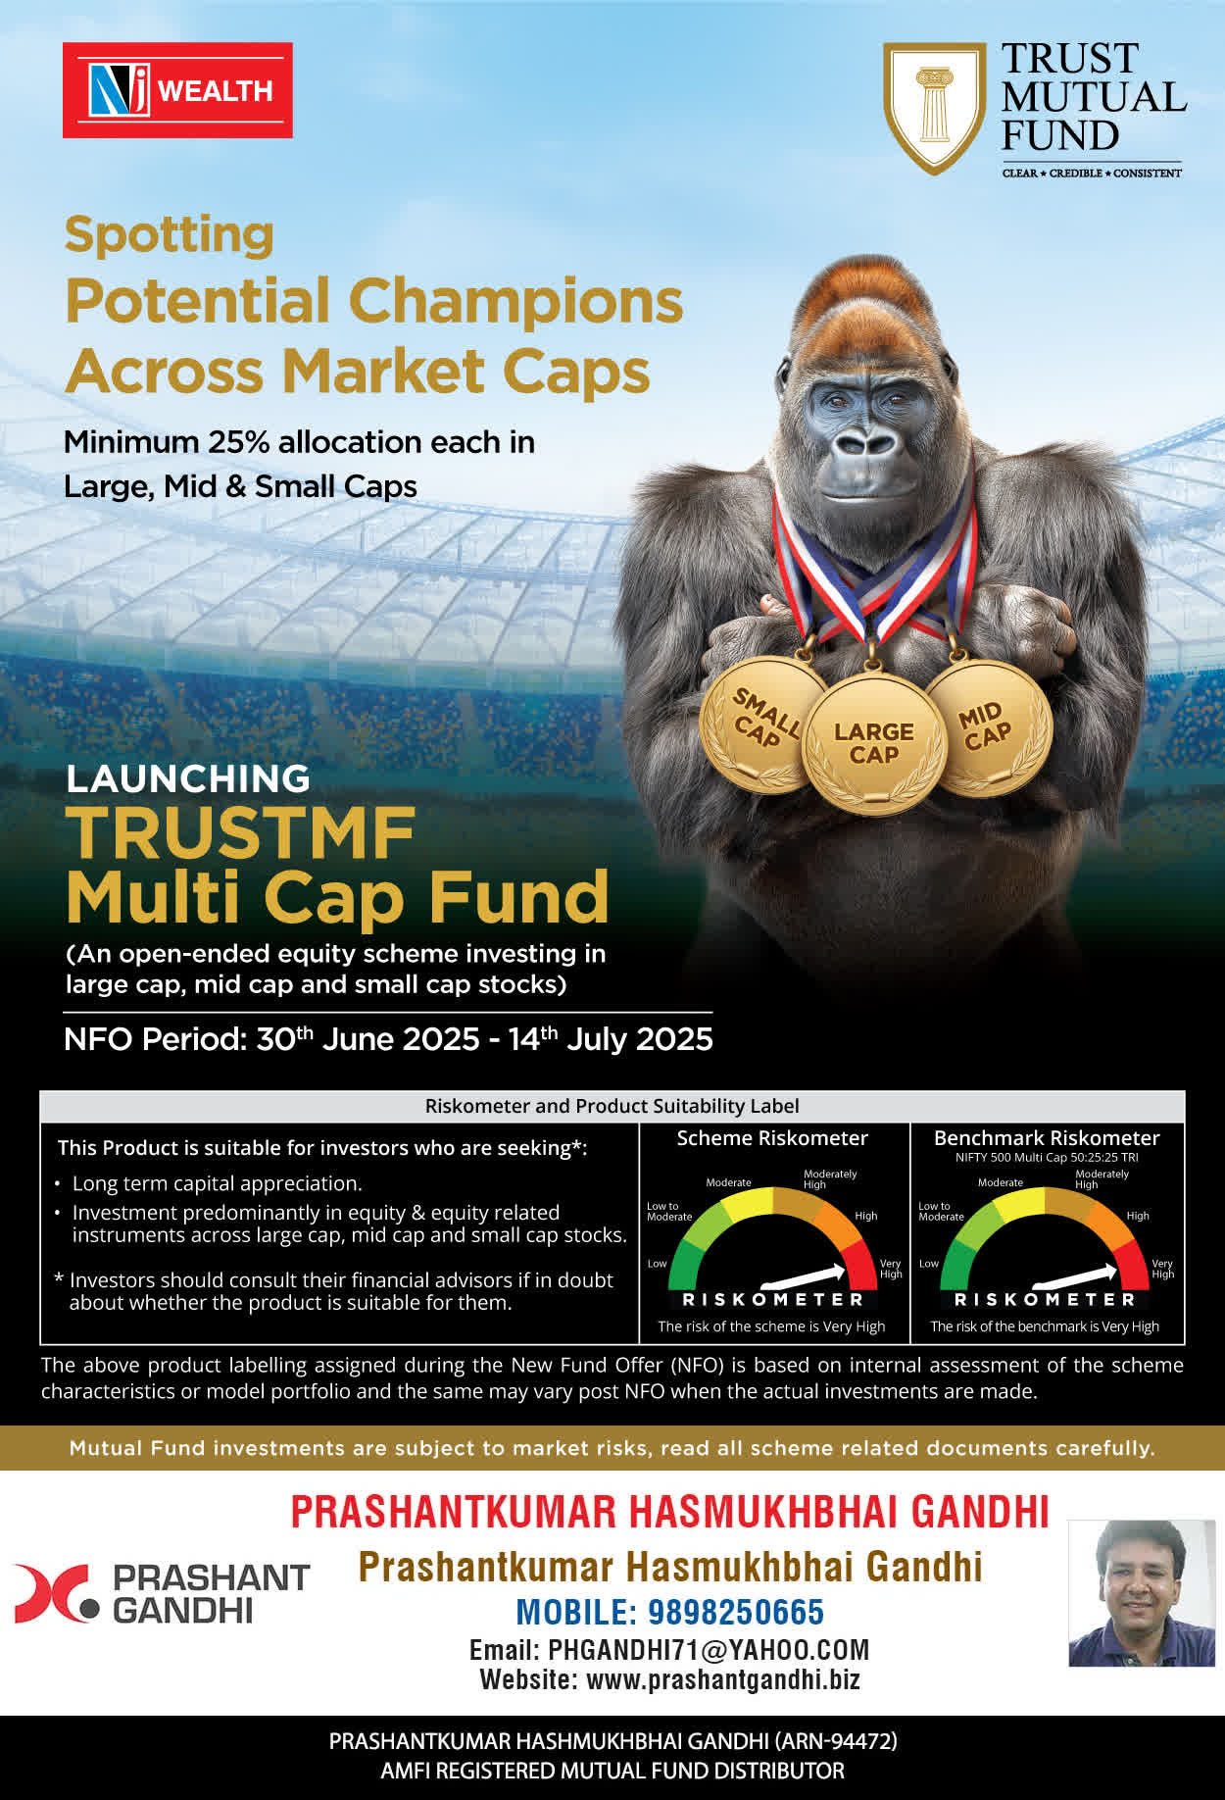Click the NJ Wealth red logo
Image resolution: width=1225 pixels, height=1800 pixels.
click(x=177, y=90)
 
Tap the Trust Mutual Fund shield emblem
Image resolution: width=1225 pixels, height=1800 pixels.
click(x=934, y=108)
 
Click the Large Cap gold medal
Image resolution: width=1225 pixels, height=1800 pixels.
click(x=874, y=743)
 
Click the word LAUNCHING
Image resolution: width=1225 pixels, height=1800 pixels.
click(x=188, y=778)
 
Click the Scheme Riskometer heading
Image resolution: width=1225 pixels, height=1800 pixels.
click(x=772, y=1138)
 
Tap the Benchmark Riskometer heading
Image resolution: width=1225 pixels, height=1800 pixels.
click(x=1047, y=1138)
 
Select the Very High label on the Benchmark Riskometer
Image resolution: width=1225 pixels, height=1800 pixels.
click(x=1162, y=1269)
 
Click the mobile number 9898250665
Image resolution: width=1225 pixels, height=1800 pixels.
click(x=736, y=1612)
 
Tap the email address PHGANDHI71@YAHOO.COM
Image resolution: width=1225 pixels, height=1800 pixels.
click(x=709, y=1650)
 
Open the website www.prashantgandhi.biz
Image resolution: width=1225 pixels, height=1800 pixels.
click(x=723, y=1679)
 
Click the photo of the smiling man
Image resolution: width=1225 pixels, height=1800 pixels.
click(x=1142, y=1593)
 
